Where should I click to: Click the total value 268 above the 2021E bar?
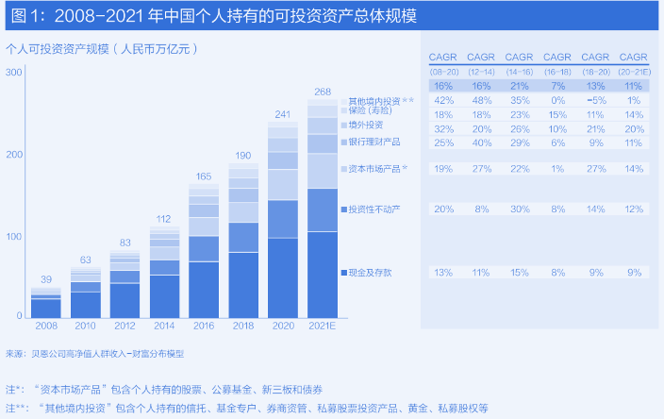(323, 92)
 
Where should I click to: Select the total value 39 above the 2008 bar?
(45, 278)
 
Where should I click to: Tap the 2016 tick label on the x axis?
(204, 325)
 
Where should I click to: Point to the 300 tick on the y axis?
(16, 72)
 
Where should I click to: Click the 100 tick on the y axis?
(16, 235)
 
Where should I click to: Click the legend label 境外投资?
(366, 125)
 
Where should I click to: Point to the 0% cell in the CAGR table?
(556, 99)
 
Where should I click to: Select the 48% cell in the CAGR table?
(481, 99)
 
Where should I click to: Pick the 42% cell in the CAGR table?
(443, 99)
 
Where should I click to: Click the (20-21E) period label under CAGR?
(634, 72)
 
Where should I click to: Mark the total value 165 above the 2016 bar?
(204, 176)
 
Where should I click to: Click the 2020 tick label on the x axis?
(283, 325)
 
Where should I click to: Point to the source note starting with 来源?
(94, 353)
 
